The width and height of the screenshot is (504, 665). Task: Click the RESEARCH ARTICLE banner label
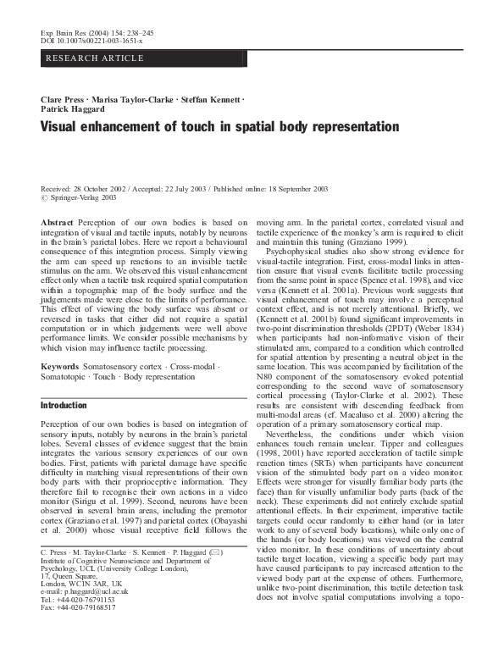coord(83,58)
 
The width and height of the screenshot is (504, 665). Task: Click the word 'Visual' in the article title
coord(63,128)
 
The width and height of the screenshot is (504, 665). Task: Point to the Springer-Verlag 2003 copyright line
coord(82,197)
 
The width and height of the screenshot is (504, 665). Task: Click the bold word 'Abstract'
coord(57,221)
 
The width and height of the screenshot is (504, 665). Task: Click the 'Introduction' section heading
coord(64,406)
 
